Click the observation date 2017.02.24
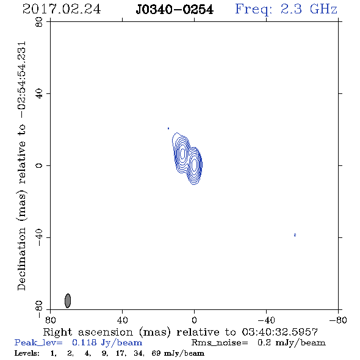click(x=62, y=9)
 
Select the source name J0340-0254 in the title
click(x=175, y=10)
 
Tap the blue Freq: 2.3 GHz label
click(x=286, y=10)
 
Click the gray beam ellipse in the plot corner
click(x=68, y=301)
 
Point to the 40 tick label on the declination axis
click(x=39, y=93)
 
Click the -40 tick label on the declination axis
click(x=39, y=237)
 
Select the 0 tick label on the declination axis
click(x=39, y=165)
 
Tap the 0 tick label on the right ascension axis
click(x=194, y=320)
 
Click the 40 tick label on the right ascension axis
click(x=122, y=320)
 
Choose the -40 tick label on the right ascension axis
click(x=266, y=320)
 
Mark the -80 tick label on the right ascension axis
click(x=338, y=320)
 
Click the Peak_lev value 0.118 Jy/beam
click(x=107, y=343)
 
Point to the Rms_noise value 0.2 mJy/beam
click(x=292, y=343)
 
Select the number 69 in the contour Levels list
click(x=156, y=353)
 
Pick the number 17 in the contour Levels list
click(x=120, y=353)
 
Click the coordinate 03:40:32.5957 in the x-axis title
click(x=280, y=332)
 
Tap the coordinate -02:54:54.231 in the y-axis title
click(x=22, y=80)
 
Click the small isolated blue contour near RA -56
click(x=295, y=235)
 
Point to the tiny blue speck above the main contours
click(x=168, y=128)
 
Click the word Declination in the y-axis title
click(x=22, y=259)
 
